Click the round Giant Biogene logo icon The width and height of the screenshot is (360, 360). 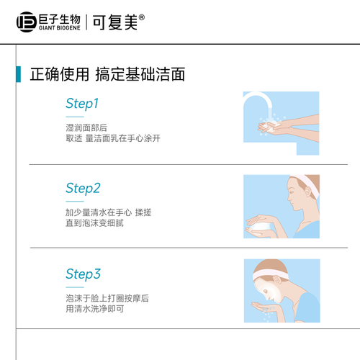pyautogui.click(x=27, y=22)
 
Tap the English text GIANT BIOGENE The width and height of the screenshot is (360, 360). pyautogui.click(x=60, y=28)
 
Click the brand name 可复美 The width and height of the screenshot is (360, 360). pyautogui.click(x=115, y=22)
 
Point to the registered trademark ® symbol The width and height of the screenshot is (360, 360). pyautogui.click(x=142, y=17)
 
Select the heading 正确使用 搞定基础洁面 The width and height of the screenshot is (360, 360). pyautogui.click(x=107, y=74)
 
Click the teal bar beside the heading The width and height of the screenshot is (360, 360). pyautogui.click(x=19, y=74)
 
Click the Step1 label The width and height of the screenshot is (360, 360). pyautogui.click(x=82, y=104)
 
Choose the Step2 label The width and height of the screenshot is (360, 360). pyautogui.click(x=83, y=189)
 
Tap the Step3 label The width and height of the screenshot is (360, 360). pyautogui.click(x=83, y=274)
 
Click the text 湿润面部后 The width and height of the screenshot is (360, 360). pyautogui.click(x=86, y=127)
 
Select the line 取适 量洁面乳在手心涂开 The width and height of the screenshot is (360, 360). pyautogui.click(x=113, y=138)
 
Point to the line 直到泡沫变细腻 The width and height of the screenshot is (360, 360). pyautogui.click(x=94, y=223)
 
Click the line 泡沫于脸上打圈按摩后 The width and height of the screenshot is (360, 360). pyautogui.click(x=107, y=298)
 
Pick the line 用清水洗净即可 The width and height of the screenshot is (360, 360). pyautogui.click(x=95, y=309)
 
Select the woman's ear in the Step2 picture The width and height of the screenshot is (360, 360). pyautogui.click(x=307, y=192)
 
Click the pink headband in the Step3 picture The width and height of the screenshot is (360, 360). pyautogui.click(x=270, y=274)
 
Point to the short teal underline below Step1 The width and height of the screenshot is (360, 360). pyautogui.click(x=75, y=117)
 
